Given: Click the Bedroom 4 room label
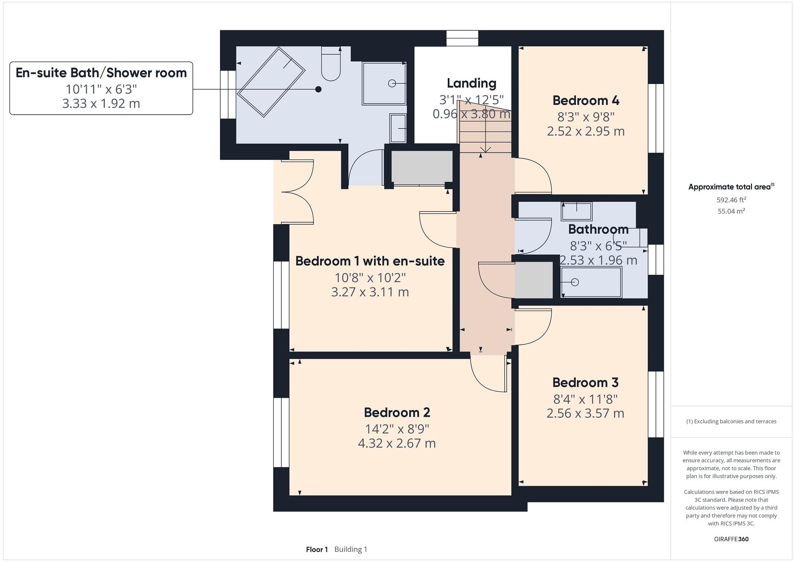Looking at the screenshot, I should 586,101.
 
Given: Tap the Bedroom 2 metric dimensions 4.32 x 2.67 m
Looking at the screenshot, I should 397,443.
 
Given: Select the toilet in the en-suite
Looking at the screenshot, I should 331,65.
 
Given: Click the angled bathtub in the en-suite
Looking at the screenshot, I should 271,82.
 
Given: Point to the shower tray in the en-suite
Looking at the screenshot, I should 384,83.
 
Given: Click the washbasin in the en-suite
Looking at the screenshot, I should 398,128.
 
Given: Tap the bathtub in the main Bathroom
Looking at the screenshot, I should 591,282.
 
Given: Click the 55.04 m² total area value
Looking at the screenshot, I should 731,211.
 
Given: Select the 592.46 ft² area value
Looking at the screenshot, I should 731,200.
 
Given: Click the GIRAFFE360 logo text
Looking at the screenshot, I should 731,539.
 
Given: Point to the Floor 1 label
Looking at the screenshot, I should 317,549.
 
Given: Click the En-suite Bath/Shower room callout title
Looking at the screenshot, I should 101,73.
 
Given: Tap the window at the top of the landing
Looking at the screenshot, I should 462,38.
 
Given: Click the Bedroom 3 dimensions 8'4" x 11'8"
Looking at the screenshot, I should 585,399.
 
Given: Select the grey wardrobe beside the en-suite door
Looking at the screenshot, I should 422,168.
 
